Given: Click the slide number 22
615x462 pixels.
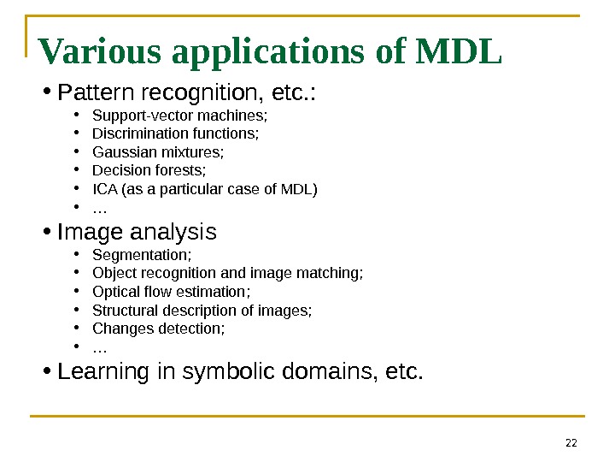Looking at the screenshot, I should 571,442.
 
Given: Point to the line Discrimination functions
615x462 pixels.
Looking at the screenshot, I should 175,133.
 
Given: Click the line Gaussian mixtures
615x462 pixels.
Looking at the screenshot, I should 158,152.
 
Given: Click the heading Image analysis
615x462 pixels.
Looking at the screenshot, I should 137,232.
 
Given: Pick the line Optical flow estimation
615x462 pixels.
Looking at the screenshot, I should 171,292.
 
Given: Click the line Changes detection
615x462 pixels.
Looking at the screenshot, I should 158,329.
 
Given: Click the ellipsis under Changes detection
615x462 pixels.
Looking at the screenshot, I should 99,348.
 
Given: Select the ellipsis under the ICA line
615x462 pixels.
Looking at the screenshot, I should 99,208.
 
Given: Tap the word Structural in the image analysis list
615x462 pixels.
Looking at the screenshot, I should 121,311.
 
